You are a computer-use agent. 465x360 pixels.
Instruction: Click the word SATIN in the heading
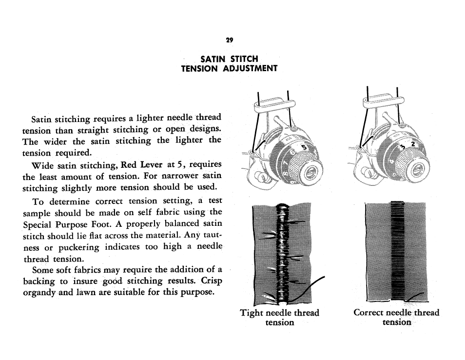point(213,59)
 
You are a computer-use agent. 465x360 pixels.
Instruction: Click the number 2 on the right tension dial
point(412,145)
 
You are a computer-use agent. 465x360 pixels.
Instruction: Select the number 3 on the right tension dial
point(403,148)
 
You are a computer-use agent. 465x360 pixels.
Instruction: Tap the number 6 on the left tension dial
point(294,154)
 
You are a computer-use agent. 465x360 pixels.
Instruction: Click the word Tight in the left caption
point(252,313)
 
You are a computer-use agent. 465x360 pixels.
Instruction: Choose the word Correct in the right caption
point(369,313)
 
